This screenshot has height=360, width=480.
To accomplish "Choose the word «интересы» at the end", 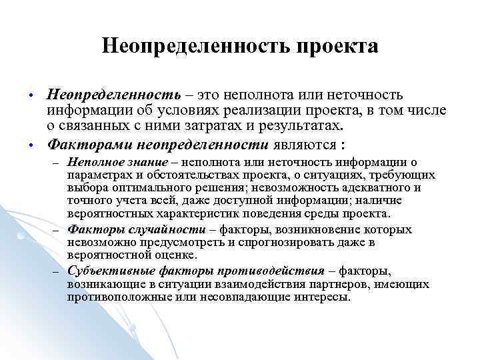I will (x=325, y=297).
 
